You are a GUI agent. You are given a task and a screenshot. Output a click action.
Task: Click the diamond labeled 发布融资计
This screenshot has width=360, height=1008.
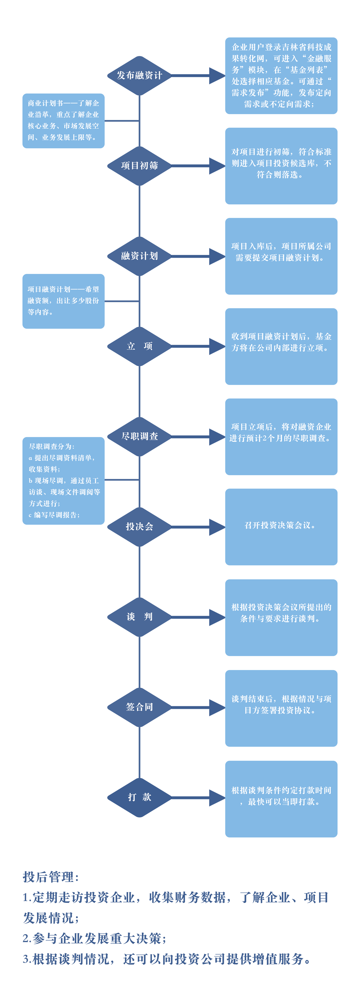139,76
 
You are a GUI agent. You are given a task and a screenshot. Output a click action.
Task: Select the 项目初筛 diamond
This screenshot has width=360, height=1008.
139,166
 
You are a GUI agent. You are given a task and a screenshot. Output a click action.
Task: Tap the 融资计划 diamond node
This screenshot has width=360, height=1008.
139,256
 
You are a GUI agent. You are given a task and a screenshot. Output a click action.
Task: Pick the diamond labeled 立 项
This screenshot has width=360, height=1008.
139,346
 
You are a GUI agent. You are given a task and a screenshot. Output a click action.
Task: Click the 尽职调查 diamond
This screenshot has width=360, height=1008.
139,437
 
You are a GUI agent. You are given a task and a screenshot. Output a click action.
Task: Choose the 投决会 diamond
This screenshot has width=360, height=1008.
139,527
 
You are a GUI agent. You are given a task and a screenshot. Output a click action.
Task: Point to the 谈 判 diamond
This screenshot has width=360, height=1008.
139,617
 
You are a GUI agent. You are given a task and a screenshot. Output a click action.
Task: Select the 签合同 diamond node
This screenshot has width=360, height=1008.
139,707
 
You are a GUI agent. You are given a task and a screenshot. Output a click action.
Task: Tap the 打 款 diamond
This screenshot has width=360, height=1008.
139,797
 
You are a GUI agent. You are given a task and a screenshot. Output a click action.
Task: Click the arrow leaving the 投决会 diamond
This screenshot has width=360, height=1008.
198,527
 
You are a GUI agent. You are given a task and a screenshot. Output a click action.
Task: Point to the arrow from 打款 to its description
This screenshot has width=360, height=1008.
198,797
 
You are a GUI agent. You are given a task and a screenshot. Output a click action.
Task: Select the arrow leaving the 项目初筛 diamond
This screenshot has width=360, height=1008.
198,166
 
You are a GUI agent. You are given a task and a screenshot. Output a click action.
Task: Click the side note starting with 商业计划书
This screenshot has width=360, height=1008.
63,121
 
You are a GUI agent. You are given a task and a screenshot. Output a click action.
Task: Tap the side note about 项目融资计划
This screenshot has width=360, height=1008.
63,301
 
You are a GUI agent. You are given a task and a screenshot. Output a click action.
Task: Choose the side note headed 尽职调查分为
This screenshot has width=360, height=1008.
63,481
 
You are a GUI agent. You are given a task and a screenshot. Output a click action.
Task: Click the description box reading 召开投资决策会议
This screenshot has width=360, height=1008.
281,527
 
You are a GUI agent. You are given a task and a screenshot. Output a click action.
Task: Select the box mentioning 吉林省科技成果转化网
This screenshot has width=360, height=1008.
281,76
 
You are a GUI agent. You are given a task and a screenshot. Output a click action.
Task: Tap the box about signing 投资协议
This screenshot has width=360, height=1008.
281,708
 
